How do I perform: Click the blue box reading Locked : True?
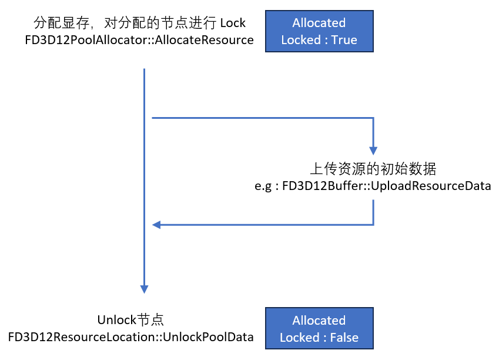[319, 31]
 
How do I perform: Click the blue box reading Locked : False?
[319, 329]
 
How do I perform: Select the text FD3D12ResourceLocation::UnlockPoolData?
[131, 337]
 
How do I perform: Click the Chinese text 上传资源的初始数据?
[373, 169]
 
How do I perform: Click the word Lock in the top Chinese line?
[233, 24]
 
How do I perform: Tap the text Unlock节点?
[130, 320]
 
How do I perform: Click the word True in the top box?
[344, 40]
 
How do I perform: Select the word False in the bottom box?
[343, 338]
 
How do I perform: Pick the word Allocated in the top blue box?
[319, 23]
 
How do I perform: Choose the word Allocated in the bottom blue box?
[319, 321]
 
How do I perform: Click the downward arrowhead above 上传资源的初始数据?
[373, 151]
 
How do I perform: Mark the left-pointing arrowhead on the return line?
[157, 224]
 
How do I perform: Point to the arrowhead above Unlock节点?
[144, 289]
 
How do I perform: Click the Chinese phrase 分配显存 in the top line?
[54, 24]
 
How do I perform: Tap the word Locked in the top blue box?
[300, 40]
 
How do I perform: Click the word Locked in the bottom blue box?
[299, 338]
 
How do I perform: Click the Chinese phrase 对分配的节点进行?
[160, 24]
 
